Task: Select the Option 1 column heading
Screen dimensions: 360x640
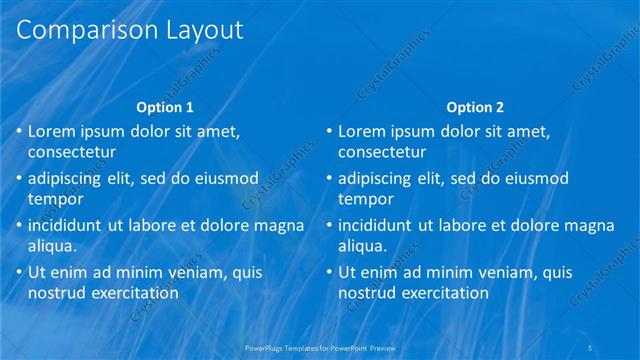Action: [x=165, y=107]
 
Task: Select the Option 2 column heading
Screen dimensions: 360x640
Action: [x=476, y=107]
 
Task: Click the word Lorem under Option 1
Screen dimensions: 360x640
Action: [x=52, y=131]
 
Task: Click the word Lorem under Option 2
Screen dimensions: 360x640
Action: [x=362, y=131]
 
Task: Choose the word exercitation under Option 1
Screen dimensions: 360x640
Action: [x=134, y=292]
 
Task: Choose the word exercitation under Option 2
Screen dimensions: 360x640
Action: [x=444, y=292]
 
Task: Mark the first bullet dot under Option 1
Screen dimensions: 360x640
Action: [x=18, y=132]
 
